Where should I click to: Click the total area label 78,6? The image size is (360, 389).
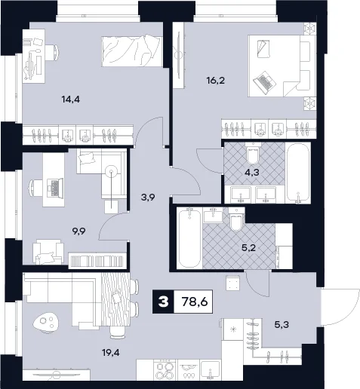coord(195,302)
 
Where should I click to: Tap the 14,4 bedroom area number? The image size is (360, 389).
coord(71,100)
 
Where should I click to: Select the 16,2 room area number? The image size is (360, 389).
coord(215,81)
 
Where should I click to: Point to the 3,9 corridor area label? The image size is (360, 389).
coord(148,198)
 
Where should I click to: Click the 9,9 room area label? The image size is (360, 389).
coord(78,231)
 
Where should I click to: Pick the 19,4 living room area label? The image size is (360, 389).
coord(111,353)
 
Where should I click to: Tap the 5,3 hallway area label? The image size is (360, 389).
coord(282,325)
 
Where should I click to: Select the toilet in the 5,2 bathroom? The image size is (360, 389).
coord(235,219)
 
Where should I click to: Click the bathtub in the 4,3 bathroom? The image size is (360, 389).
coord(298,173)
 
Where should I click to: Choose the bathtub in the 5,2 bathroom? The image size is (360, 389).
coord(189,238)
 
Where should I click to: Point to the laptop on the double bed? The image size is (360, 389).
coord(263,82)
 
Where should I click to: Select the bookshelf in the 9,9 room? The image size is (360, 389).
coord(97,261)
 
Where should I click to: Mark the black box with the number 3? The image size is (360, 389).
coord(163,302)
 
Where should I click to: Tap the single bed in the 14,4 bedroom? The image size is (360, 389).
coord(132,51)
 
